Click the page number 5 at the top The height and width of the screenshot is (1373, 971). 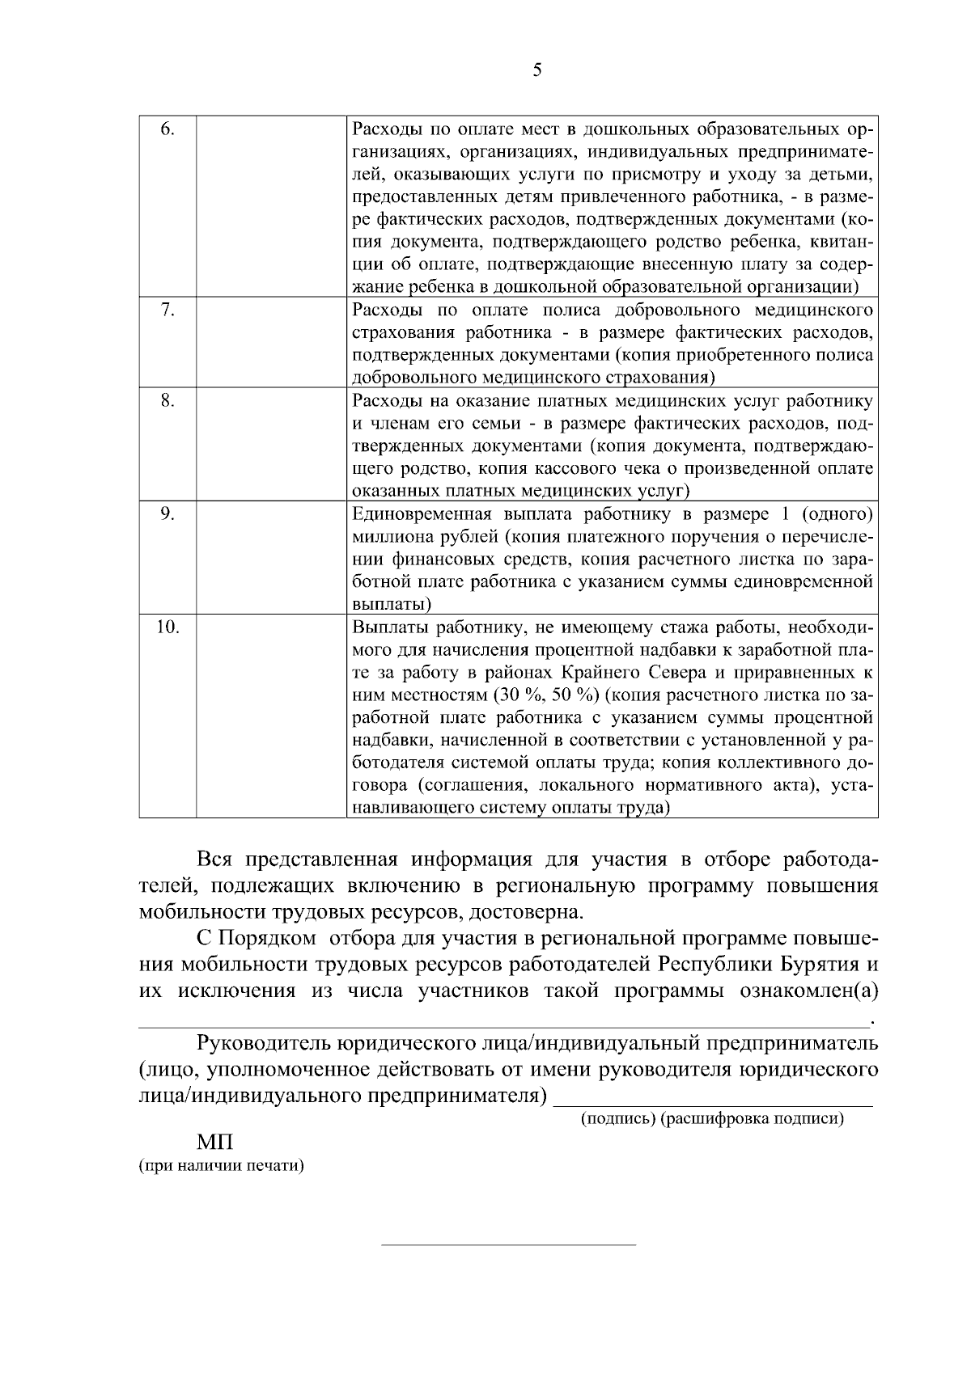click(537, 70)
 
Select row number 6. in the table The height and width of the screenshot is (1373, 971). click(167, 129)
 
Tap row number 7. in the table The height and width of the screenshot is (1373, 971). click(167, 311)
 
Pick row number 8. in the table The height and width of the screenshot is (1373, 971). click(167, 401)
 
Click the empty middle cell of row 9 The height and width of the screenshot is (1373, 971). click(271, 559)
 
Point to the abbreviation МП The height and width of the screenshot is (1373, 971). click(214, 1143)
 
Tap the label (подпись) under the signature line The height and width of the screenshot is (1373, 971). click(618, 1120)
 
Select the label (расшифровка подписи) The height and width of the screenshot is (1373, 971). click(753, 1120)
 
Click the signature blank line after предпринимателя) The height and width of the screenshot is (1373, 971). click(715, 1103)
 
